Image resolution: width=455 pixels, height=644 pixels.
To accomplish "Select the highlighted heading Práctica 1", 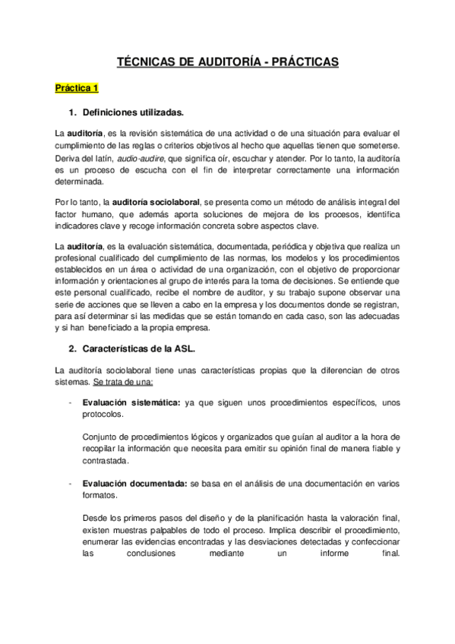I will (x=77, y=88).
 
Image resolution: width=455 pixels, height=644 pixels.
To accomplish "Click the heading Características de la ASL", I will (x=140, y=349).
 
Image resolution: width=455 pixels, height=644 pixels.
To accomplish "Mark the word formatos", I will (x=102, y=496).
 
